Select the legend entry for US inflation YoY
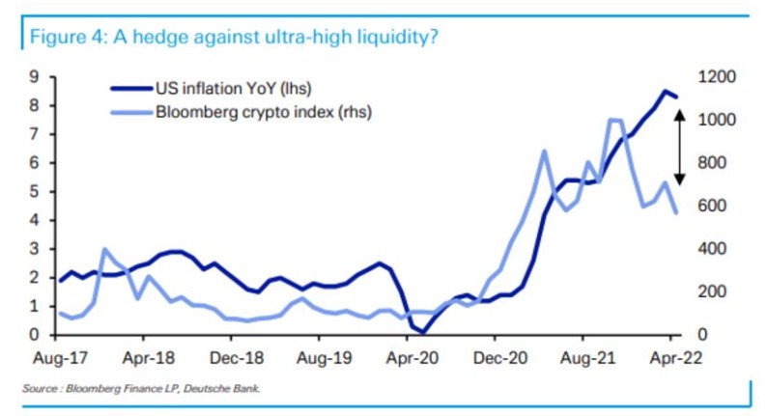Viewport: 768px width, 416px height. click(x=228, y=90)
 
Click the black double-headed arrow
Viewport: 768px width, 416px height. click(x=679, y=147)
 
